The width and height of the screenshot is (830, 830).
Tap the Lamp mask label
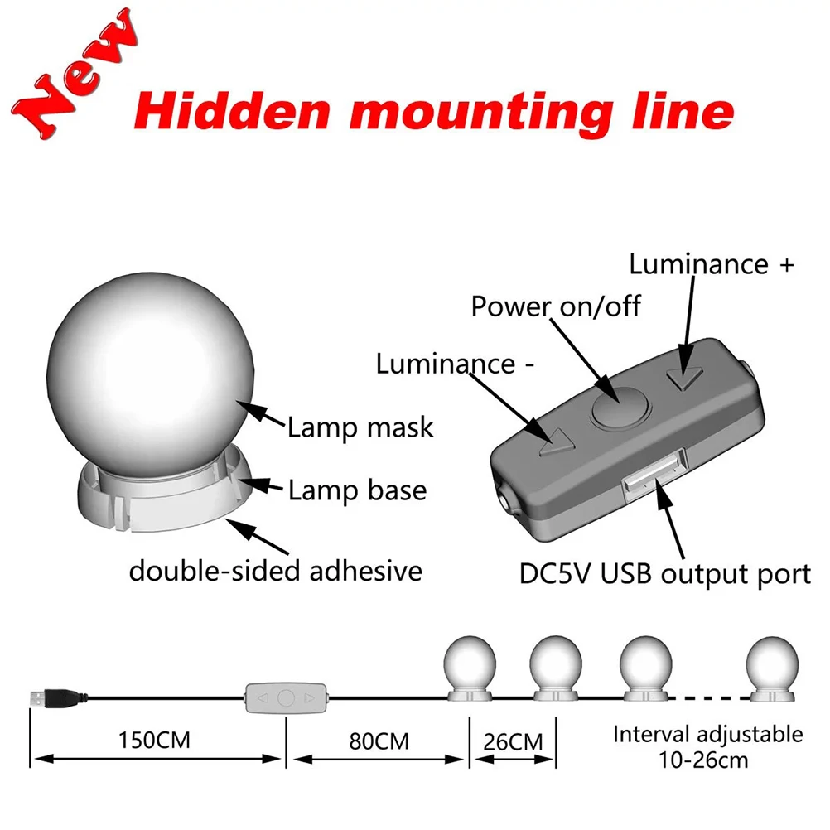pos(360,427)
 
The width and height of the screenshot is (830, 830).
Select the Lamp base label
pos(357,490)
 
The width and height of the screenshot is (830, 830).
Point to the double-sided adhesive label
pos(276,571)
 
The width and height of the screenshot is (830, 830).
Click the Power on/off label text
pos(556,306)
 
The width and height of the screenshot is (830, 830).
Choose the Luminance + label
pos(712,264)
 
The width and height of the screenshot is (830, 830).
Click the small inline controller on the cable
pos(285,697)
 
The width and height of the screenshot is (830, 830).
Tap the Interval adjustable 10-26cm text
pos(708,746)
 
